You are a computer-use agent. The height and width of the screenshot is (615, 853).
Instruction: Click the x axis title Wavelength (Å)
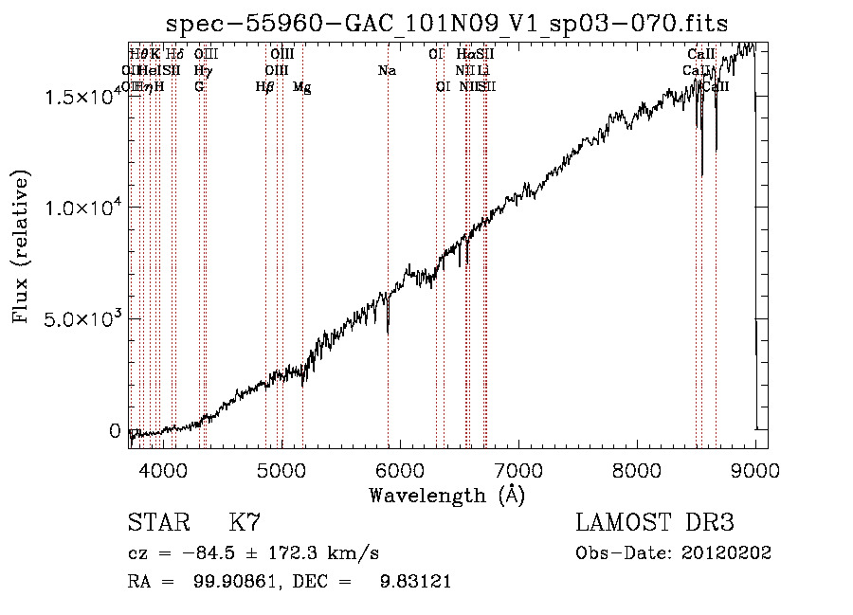(x=446, y=495)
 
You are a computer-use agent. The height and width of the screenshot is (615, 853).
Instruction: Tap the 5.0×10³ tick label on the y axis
(x=82, y=318)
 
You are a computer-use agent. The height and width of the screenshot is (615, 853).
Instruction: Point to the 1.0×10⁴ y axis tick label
(x=82, y=208)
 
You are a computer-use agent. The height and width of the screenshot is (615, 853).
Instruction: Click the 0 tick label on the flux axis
(x=116, y=430)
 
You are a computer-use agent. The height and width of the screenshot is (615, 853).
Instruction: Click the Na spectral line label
(x=387, y=70)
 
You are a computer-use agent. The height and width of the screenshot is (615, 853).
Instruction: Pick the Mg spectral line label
(x=302, y=87)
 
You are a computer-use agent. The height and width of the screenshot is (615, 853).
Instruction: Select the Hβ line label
(x=264, y=86)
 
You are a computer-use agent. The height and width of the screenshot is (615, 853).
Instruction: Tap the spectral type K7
(x=245, y=523)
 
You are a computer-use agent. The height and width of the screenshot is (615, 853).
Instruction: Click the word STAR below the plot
(x=157, y=523)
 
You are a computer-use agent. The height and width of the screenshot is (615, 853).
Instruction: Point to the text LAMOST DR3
(x=654, y=523)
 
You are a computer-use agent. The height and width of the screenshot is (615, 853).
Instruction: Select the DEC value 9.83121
(x=413, y=582)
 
